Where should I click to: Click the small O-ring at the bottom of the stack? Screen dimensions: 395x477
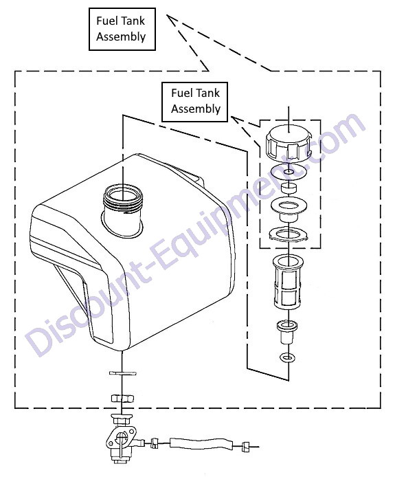coord(287,357)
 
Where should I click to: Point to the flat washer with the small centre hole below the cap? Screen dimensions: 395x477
coord(289,173)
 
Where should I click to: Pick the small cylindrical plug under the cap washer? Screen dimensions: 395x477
coord(289,188)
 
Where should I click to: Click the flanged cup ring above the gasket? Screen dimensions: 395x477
coord(289,210)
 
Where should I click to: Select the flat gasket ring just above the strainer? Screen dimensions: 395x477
coord(289,234)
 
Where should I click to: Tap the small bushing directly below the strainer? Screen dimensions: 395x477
coord(287,332)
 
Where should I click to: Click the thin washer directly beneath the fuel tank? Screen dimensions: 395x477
coord(122,373)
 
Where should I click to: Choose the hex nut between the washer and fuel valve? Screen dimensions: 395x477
coord(122,397)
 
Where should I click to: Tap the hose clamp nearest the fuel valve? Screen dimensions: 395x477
coord(155,443)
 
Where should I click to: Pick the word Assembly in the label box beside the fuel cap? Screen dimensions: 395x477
coord(196,109)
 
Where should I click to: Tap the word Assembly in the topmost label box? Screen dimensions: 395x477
coord(121,37)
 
